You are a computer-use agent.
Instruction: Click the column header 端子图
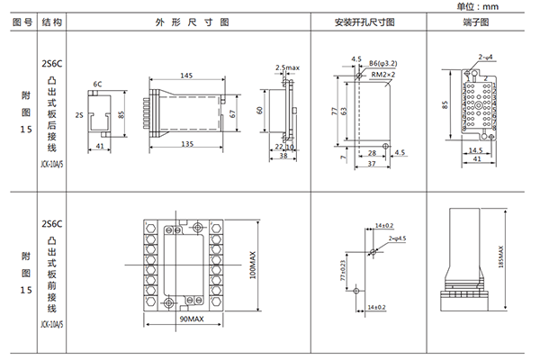[x=476, y=22]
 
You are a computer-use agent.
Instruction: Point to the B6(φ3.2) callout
[x=385, y=64]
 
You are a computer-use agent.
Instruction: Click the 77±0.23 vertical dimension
[x=342, y=270]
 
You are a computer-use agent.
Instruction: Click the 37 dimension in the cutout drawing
[x=370, y=162]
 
